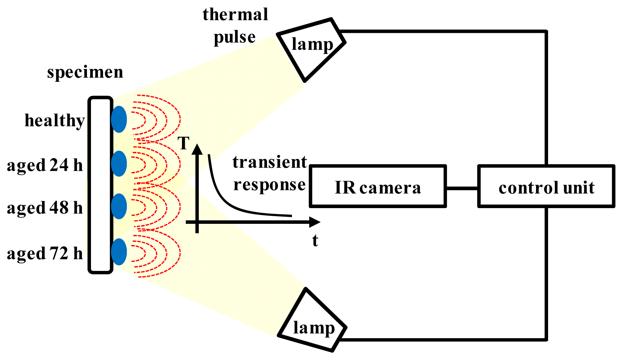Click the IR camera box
pos(377,186)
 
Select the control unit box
pos(546,186)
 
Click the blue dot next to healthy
pos(119,119)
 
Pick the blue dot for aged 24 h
pos(119,163)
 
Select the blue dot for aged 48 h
pos(119,206)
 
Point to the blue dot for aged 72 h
pos(119,252)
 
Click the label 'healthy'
pos(55,120)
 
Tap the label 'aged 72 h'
pos(45,253)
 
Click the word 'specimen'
pos(85,72)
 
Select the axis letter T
pos(183,143)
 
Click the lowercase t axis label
pos(315,241)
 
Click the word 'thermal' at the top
pos(235,15)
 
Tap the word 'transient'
pos(269,162)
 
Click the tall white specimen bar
pos(100,185)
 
